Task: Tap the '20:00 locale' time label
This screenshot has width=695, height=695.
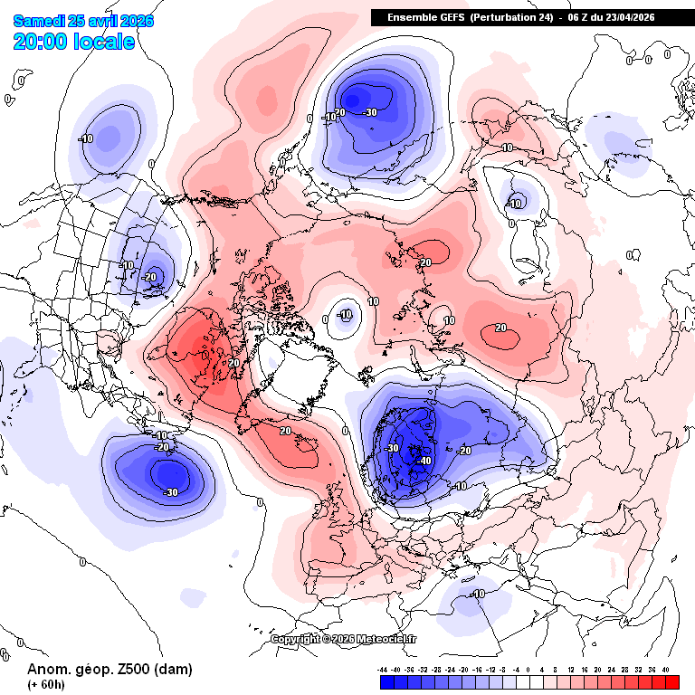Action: [x=74, y=41]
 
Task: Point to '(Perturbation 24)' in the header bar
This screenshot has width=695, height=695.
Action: [x=509, y=17]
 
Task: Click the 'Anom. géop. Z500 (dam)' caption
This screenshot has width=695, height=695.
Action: [x=109, y=669]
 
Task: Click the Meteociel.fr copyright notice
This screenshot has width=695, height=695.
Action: [x=344, y=639]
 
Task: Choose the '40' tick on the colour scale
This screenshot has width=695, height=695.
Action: [x=666, y=670]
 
